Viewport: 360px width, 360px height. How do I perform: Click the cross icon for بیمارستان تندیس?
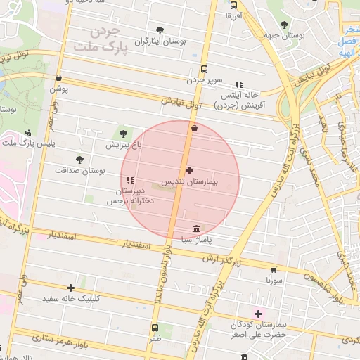[x=189, y=170]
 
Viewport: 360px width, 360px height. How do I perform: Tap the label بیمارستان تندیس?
[x=191, y=182]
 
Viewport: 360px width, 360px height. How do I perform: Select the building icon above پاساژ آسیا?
[x=195, y=229]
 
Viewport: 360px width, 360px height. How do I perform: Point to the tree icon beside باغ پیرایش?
[x=124, y=133]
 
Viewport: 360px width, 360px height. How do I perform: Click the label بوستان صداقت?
[x=79, y=171]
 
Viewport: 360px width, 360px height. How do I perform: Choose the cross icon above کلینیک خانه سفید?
[x=70, y=288]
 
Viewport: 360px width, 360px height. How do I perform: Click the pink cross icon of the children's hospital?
[x=258, y=314]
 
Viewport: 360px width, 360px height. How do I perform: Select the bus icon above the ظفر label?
[x=155, y=327]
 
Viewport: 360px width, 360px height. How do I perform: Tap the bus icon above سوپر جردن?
[x=204, y=70]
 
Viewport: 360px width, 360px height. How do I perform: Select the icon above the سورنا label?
[x=273, y=269]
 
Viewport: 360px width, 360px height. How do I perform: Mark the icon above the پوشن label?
[x=58, y=78]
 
